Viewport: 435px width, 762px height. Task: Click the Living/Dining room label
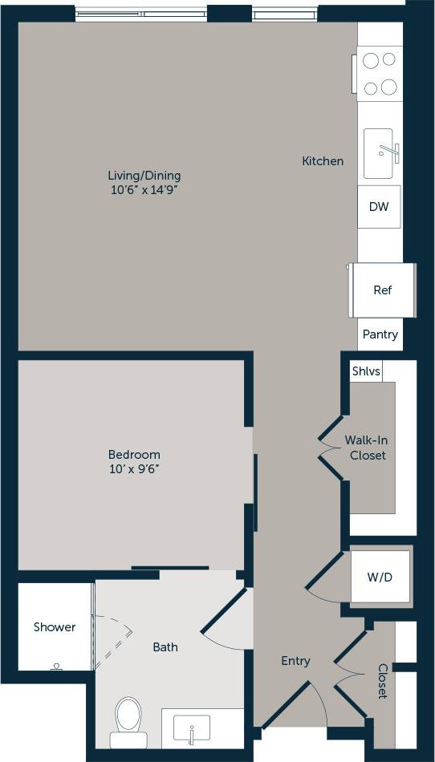tap(144, 176)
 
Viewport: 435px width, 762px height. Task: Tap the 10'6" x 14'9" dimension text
tap(144, 191)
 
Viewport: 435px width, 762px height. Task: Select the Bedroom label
tap(135, 454)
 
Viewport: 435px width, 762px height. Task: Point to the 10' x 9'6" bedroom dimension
tap(135, 469)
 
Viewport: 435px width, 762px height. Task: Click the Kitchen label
tap(323, 161)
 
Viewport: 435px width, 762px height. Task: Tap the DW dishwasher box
tap(379, 207)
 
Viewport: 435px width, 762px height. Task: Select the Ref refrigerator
tap(383, 290)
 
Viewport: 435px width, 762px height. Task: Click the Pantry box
tap(380, 334)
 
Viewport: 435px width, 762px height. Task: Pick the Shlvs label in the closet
tap(366, 371)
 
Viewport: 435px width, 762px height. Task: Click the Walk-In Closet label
tap(367, 448)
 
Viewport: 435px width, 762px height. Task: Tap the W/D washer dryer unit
tap(379, 578)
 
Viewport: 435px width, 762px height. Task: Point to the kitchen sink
tap(380, 152)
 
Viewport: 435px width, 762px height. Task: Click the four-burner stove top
tap(380, 73)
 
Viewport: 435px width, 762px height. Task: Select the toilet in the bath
tap(128, 716)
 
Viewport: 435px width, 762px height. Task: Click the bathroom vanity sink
tap(192, 728)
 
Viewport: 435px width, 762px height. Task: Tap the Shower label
tap(55, 627)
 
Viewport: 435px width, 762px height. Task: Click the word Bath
tap(165, 647)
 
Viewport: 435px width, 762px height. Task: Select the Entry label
tap(295, 661)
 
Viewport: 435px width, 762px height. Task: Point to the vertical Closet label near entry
tap(383, 681)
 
